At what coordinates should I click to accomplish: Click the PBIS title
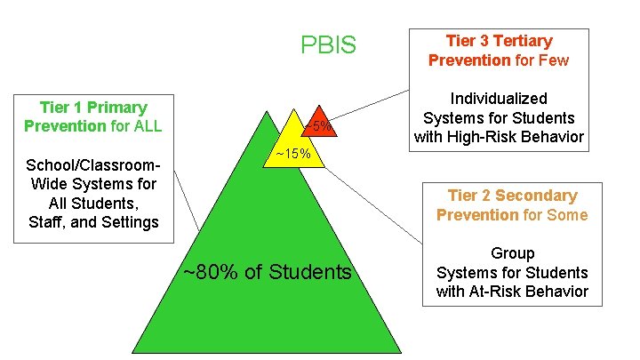[328, 44]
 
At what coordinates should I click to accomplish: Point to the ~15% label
[292, 154]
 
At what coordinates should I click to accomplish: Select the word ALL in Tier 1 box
[147, 125]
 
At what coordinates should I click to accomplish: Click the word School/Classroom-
[93, 165]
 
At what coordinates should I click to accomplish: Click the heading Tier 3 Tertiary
[499, 41]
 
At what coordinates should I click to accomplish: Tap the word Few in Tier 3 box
[550, 60]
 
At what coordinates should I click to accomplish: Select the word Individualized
[499, 99]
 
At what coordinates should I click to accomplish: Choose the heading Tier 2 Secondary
[512, 196]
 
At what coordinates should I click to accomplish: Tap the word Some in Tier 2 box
[569, 214]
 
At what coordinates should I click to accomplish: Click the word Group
[512, 253]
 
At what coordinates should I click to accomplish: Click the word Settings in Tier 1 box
[126, 221]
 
